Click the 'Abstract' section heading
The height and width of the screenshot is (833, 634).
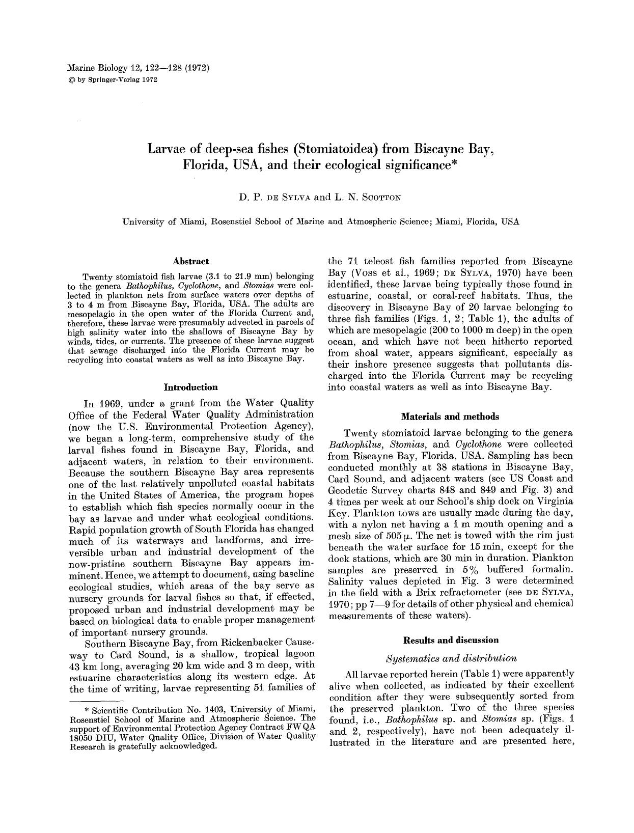tap(190, 261)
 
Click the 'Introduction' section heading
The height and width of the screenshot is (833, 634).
tap(190, 387)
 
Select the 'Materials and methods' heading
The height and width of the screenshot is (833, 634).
tap(450, 416)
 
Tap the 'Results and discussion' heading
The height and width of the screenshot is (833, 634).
tap(451, 640)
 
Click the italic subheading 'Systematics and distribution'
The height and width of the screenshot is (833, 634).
tap(451, 658)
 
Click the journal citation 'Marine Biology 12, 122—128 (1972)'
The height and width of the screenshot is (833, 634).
tap(138, 67)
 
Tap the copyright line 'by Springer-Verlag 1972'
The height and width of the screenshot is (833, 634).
tap(113, 79)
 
